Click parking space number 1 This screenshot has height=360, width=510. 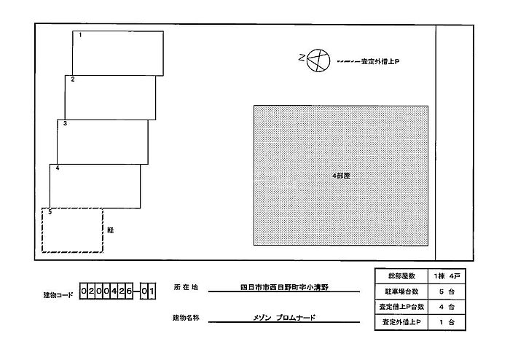coord(117,52)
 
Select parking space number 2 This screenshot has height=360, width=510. coord(110,97)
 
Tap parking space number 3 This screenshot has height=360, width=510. coord(102,141)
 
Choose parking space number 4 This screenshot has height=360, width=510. coord(95,186)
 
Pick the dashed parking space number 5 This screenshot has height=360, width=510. coord(72,231)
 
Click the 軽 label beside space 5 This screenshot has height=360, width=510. coord(111,230)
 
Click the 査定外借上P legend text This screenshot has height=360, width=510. coord(380,61)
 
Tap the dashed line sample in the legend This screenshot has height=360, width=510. coord(348,61)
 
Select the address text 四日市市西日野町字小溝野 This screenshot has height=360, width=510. coord(284,287)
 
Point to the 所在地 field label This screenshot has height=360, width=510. coord(185,287)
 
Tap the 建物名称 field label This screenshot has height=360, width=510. coord(186,318)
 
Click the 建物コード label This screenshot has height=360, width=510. coord(58,295)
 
